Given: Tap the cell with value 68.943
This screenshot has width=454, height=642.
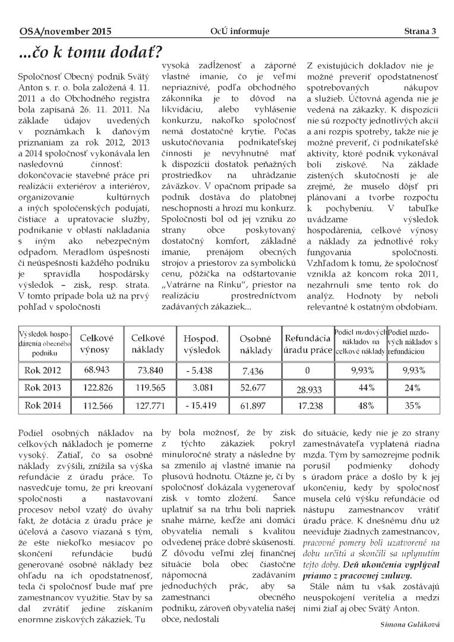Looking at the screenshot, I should pos(97,370).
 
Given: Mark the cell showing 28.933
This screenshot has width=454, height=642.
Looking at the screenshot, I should pos(307,390).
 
